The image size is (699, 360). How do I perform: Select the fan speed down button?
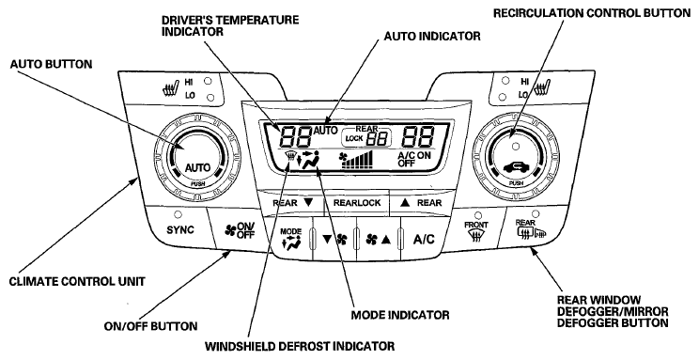(x=334, y=240)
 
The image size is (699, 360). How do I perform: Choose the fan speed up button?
(x=378, y=240)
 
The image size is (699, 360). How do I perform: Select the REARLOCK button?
(x=357, y=203)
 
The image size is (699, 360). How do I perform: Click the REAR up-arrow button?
(x=421, y=203)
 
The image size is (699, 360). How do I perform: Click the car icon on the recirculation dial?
(x=516, y=167)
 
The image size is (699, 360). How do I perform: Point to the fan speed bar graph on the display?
(x=357, y=160)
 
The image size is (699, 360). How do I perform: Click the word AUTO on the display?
(x=325, y=131)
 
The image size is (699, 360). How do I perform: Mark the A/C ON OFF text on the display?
(x=413, y=159)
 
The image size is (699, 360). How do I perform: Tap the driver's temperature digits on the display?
(x=296, y=136)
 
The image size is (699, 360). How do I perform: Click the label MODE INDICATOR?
(x=400, y=315)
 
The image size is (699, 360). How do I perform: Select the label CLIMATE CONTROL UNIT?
(x=77, y=281)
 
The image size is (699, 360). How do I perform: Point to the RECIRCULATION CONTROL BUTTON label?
(x=592, y=13)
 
